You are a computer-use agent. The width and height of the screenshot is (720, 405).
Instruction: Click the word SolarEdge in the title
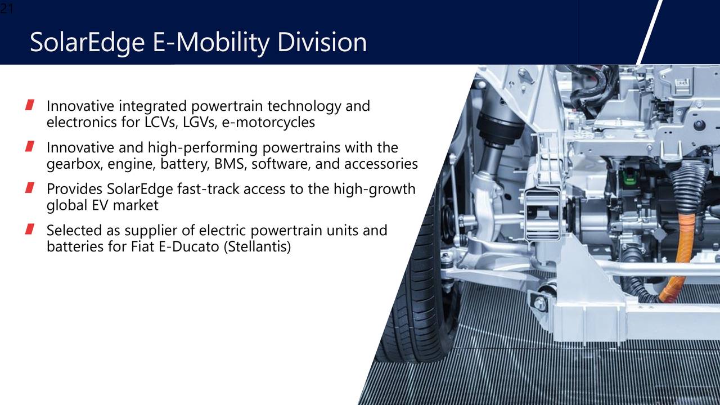point(87,42)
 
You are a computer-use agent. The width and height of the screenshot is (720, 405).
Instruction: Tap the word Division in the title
point(322,42)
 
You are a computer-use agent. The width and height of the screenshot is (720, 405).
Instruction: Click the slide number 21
point(6,8)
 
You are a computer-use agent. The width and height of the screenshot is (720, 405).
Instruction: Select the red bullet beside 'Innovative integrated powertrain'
point(30,105)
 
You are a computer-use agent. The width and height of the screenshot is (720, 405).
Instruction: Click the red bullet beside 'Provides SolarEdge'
point(30,188)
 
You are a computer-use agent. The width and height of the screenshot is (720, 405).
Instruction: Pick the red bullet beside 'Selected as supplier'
point(30,229)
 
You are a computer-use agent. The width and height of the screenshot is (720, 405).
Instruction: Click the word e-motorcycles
point(268,122)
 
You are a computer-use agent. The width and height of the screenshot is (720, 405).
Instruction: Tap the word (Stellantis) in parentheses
point(257,247)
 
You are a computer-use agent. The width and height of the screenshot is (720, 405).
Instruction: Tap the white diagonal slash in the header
point(649,32)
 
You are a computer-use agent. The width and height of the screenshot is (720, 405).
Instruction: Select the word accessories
point(381,164)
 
